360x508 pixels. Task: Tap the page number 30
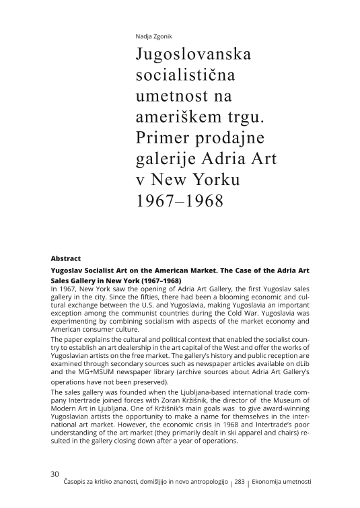coord(55,474)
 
